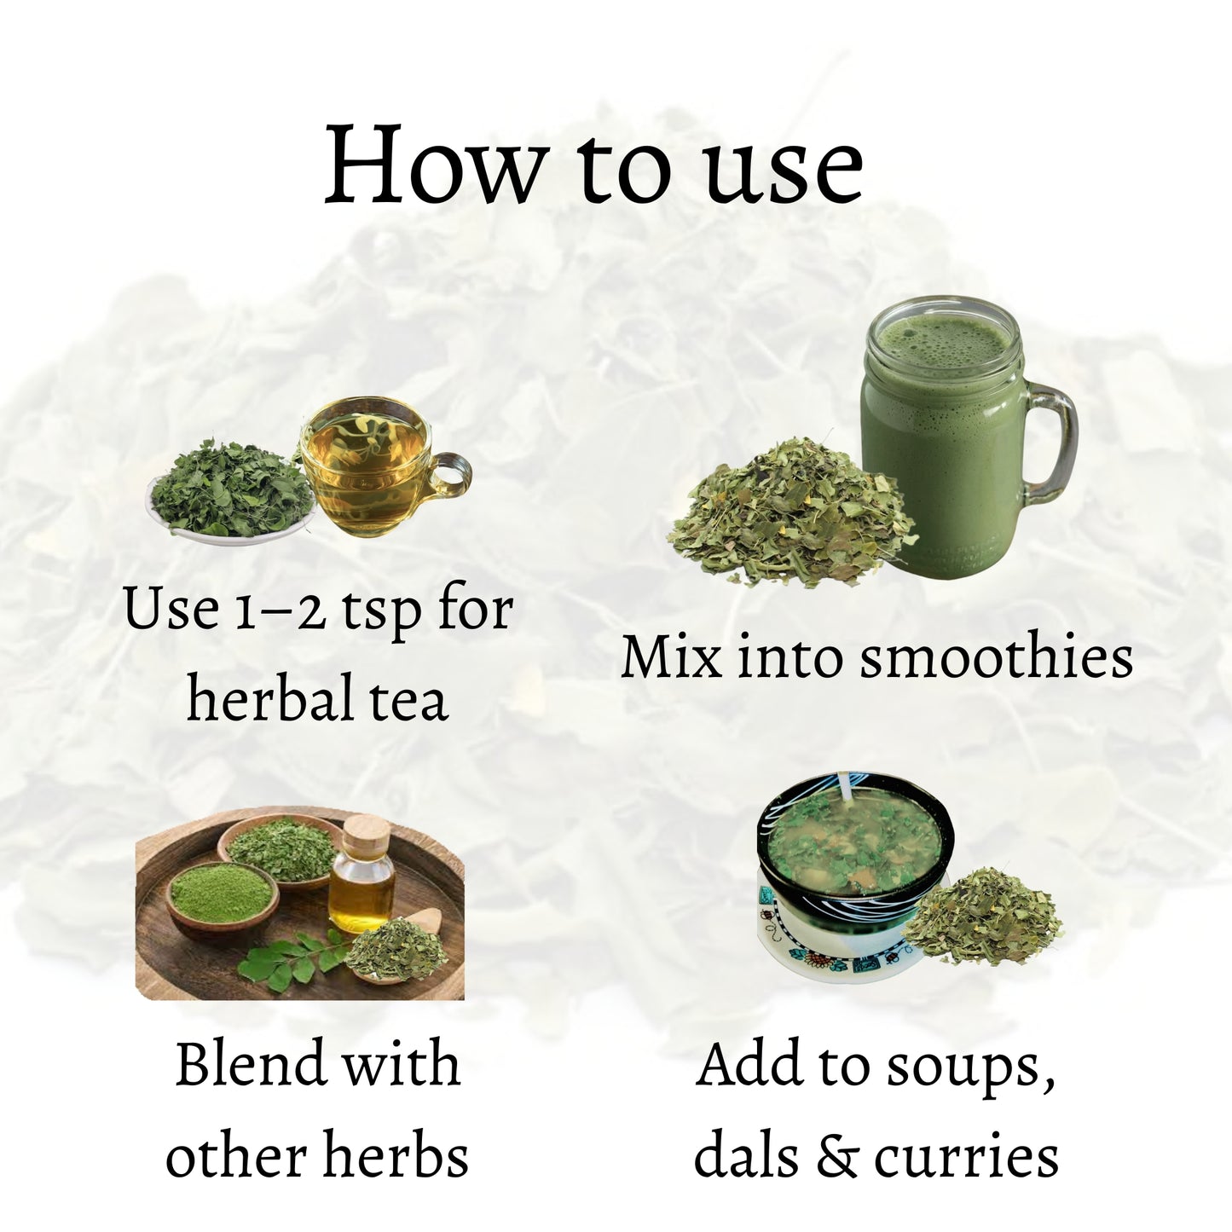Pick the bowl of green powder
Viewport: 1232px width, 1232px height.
[222, 895]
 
